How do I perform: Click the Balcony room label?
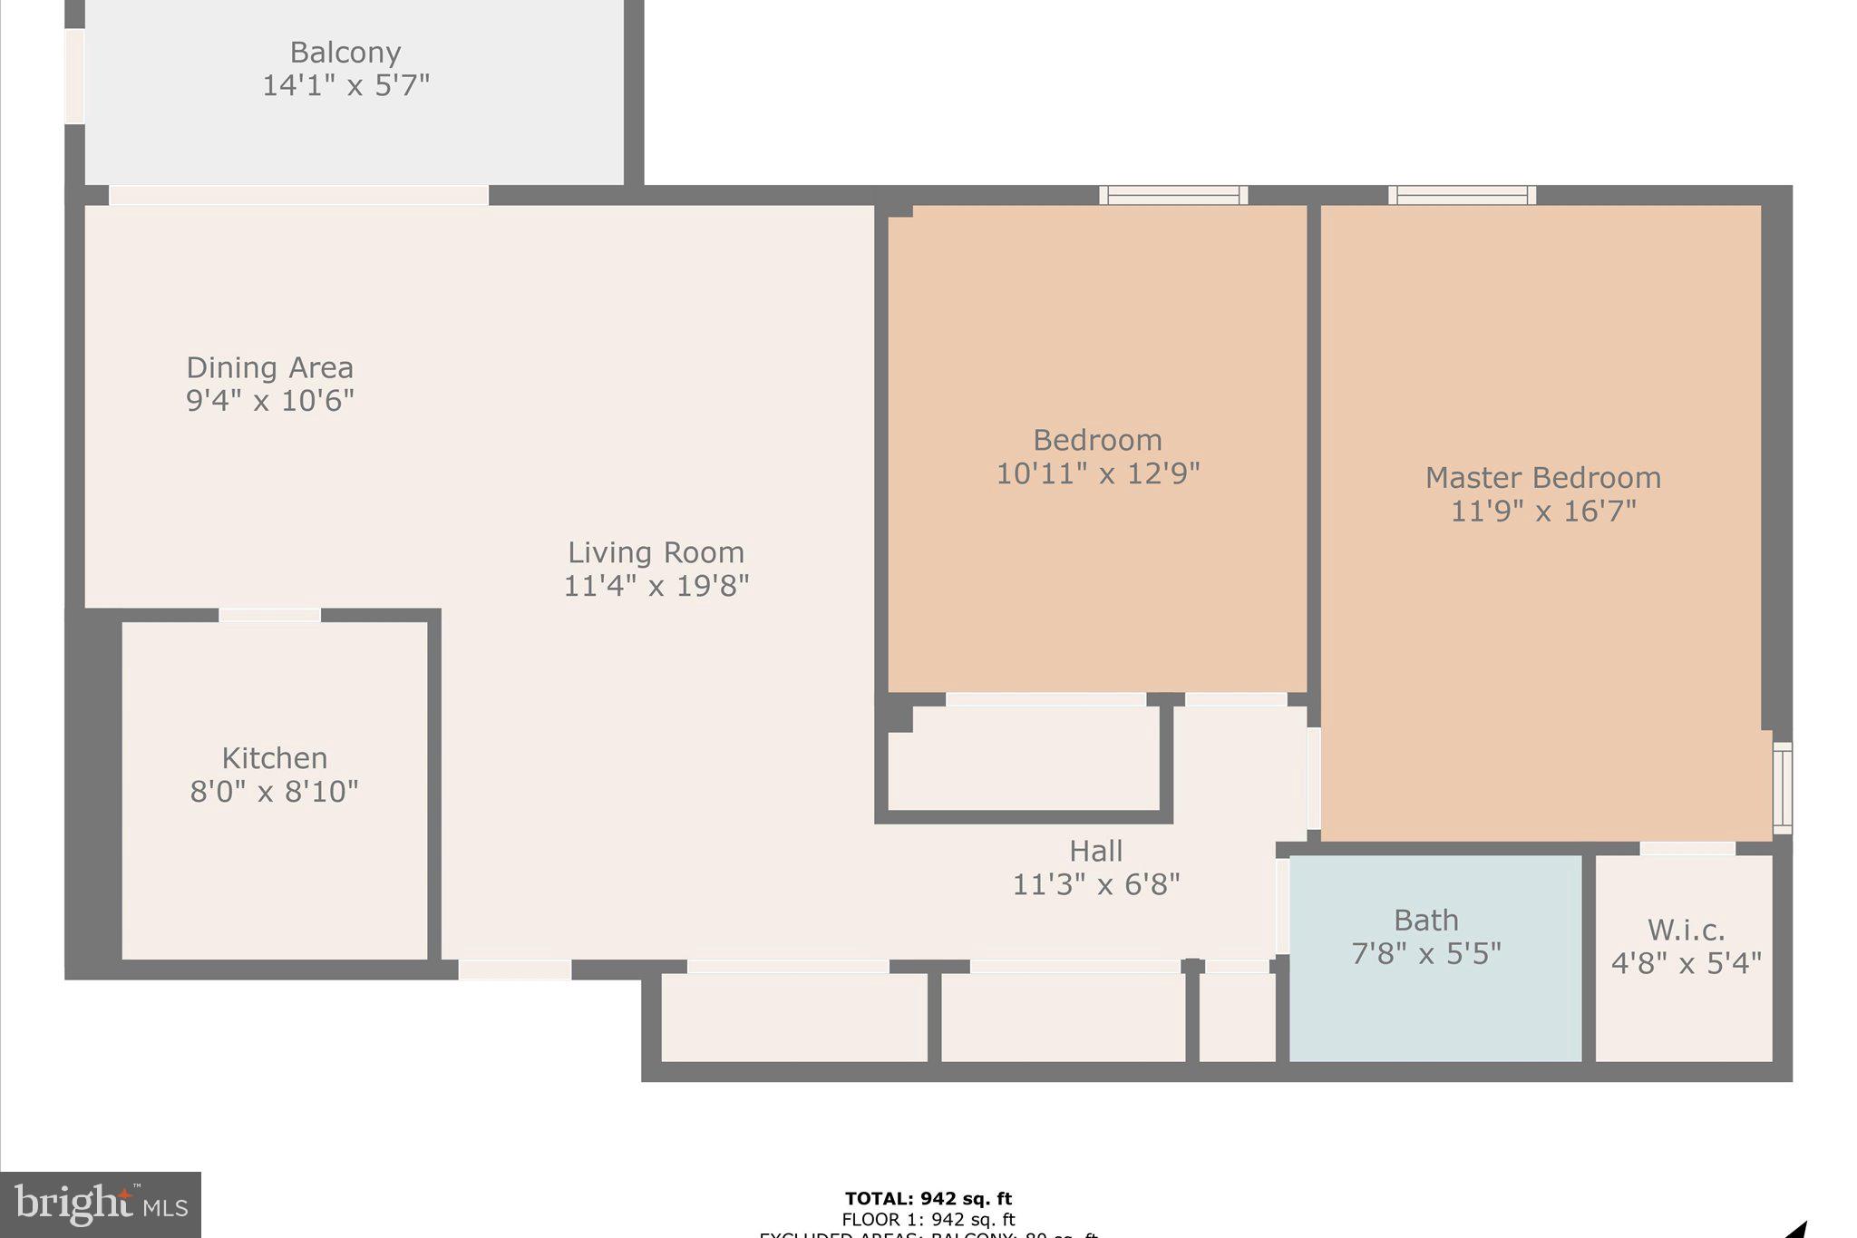click(x=345, y=53)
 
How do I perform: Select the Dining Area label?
click(x=269, y=367)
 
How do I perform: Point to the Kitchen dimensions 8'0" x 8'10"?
click(x=274, y=792)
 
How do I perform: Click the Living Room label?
click(x=656, y=552)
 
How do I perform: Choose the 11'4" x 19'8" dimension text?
click(x=656, y=586)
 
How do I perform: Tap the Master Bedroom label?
click(x=1542, y=478)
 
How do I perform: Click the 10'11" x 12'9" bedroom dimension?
click(x=1097, y=473)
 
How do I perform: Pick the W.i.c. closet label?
click(x=1686, y=930)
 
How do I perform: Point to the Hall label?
click(x=1095, y=851)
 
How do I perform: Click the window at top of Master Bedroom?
click(x=1462, y=195)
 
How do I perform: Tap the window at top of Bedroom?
click(x=1173, y=195)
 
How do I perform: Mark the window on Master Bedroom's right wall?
click(x=1782, y=787)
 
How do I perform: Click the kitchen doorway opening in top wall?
click(x=269, y=615)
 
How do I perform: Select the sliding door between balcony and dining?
click(x=298, y=195)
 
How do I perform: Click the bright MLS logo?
click(x=101, y=1204)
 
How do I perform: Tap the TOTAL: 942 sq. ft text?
click(x=928, y=1199)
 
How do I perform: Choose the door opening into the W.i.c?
click(x=1687, y=848)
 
